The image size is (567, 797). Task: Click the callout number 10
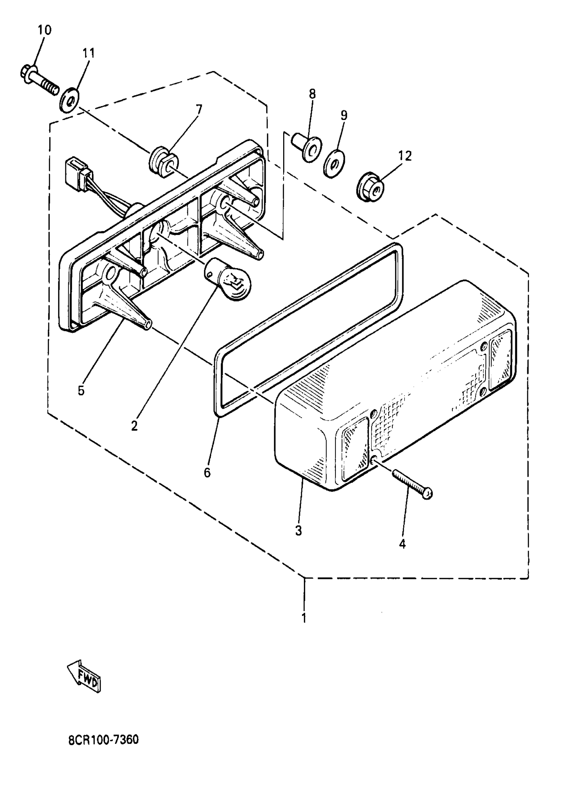click(44, 30)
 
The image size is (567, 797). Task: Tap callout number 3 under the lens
click(299, 531)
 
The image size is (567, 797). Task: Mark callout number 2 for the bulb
click(134, 426)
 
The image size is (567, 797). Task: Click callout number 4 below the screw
click(403, 544)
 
